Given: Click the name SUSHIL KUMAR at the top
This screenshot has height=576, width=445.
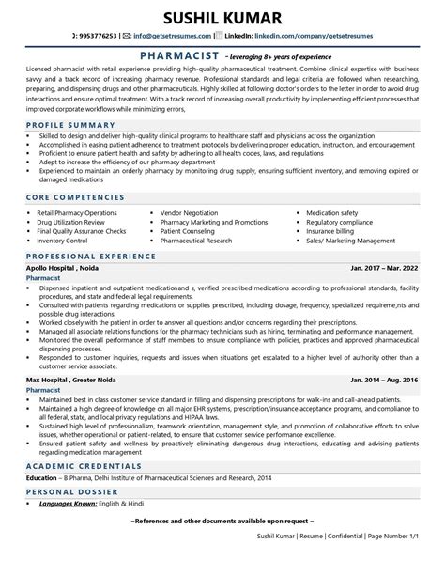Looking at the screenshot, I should pyautogui.click(x=222, y=19).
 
